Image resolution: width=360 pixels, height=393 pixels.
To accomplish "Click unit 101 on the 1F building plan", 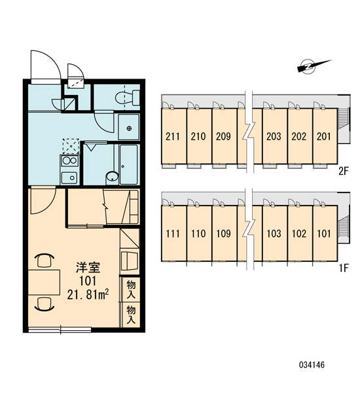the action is [x=325, y=233].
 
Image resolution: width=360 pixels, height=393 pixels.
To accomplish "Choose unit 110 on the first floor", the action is [x=199, y=233].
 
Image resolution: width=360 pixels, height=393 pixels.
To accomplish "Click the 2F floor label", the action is [x=344, y=172].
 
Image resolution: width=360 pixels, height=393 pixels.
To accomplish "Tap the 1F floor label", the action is [x=344, y=269].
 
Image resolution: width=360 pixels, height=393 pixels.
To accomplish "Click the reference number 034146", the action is [x=312, y=365].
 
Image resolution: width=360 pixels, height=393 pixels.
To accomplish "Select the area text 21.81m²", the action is [x=88, y=295].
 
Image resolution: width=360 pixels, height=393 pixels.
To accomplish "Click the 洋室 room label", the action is [x=88, y=268].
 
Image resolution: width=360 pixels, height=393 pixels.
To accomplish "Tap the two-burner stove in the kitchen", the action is [x=69, y=160].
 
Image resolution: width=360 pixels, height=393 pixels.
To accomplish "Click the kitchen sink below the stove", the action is [x=69, y=178].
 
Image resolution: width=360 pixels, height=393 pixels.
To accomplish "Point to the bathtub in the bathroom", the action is [x=129, y=164].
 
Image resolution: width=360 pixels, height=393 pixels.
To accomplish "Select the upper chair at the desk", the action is [x=45, y=260].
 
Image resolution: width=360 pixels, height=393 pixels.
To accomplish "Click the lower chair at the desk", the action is [x=45, y=304].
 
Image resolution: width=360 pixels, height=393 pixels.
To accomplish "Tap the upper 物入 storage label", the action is [x=131, y=290].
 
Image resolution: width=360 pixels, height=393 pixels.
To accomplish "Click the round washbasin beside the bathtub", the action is [x=112, y=176].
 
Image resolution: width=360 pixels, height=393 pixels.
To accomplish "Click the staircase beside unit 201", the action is [x=341, y=119].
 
